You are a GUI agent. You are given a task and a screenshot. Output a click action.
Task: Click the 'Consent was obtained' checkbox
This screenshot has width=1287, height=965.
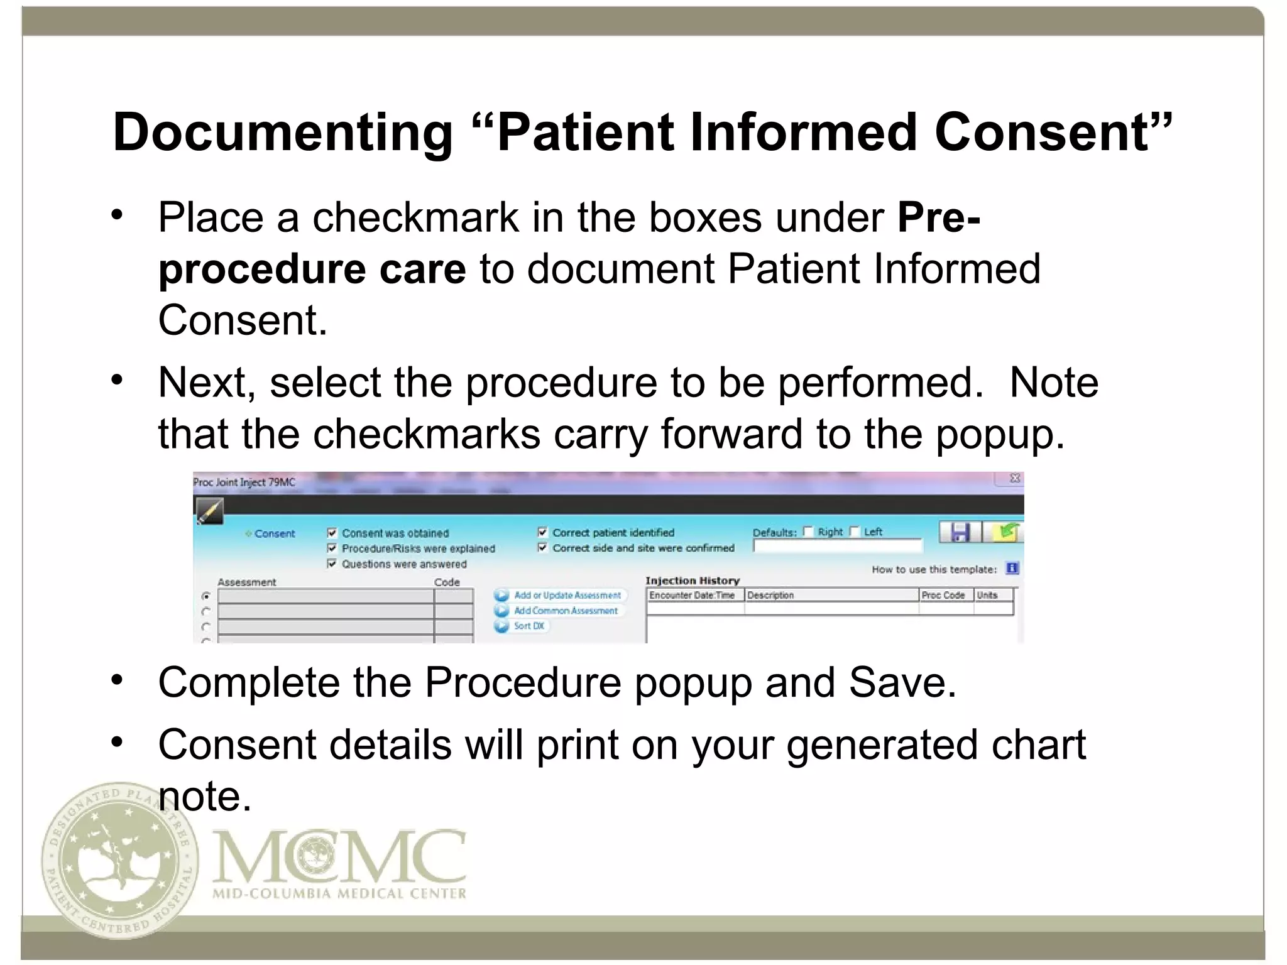click(x=332, y=533)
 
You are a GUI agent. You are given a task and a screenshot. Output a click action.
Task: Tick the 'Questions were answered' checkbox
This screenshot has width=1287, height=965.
click(x=332, y=564)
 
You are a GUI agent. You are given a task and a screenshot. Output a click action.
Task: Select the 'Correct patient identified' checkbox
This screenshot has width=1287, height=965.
click(x=542, y=532)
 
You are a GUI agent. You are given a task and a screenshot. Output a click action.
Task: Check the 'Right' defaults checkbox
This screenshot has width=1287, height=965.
click(x=808, y=532)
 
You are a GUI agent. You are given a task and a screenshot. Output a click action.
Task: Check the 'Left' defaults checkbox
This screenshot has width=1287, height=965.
click(x=854, y=532)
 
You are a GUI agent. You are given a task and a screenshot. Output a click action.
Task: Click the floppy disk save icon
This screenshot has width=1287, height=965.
click(x=959, y=532)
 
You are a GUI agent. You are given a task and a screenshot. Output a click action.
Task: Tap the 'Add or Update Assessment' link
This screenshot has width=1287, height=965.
click(x=567, y=595)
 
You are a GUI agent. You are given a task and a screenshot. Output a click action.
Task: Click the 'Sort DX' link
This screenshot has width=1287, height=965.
click(x=528, y=626)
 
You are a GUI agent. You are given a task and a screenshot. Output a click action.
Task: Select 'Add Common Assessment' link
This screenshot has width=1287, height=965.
click(x=566, y=611)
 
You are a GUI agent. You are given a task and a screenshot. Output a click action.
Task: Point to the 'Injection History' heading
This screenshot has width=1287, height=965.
click(x=692, y=581)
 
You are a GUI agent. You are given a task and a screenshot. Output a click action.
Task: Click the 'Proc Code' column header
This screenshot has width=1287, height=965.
click(x=943, y=595)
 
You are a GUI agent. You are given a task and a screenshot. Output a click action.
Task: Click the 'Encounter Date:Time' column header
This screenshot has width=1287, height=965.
click(x=692, y=595)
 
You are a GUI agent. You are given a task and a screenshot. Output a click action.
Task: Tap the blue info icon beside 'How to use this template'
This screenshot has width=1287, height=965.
click(x=1012, y=569)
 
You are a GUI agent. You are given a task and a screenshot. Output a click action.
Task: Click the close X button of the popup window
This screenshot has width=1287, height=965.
click(x=1014, y=479)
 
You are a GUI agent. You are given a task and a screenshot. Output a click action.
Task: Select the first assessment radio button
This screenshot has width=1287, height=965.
click(x=205, y=596)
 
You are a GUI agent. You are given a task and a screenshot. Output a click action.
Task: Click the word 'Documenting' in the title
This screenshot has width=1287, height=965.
click(x=282, y=133)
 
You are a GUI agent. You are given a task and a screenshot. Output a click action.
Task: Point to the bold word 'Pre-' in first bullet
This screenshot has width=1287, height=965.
click(x=938, y=217)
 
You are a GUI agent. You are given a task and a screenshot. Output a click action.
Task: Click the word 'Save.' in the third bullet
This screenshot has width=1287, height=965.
click(x=902, y=682)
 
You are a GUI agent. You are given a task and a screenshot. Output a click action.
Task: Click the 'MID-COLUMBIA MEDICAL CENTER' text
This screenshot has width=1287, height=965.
click(x=339, y=893)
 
